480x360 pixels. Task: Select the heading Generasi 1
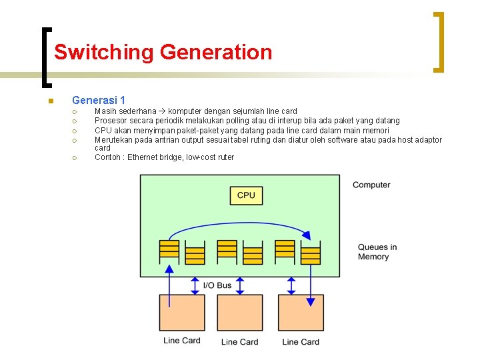click(99, 100)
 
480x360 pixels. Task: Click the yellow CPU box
click(246, 195)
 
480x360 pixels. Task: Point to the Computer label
click(371, 185)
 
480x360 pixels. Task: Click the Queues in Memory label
click(377, 252)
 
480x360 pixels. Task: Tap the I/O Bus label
click(217, 285)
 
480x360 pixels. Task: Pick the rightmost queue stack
click(311, 254)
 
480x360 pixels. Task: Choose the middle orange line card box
click(239, 312)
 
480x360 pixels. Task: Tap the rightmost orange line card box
click(301, 312)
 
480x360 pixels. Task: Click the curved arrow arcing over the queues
click(240, 224)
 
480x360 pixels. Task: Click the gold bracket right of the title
click(438, 41)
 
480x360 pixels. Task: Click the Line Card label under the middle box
click(239, 342)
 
